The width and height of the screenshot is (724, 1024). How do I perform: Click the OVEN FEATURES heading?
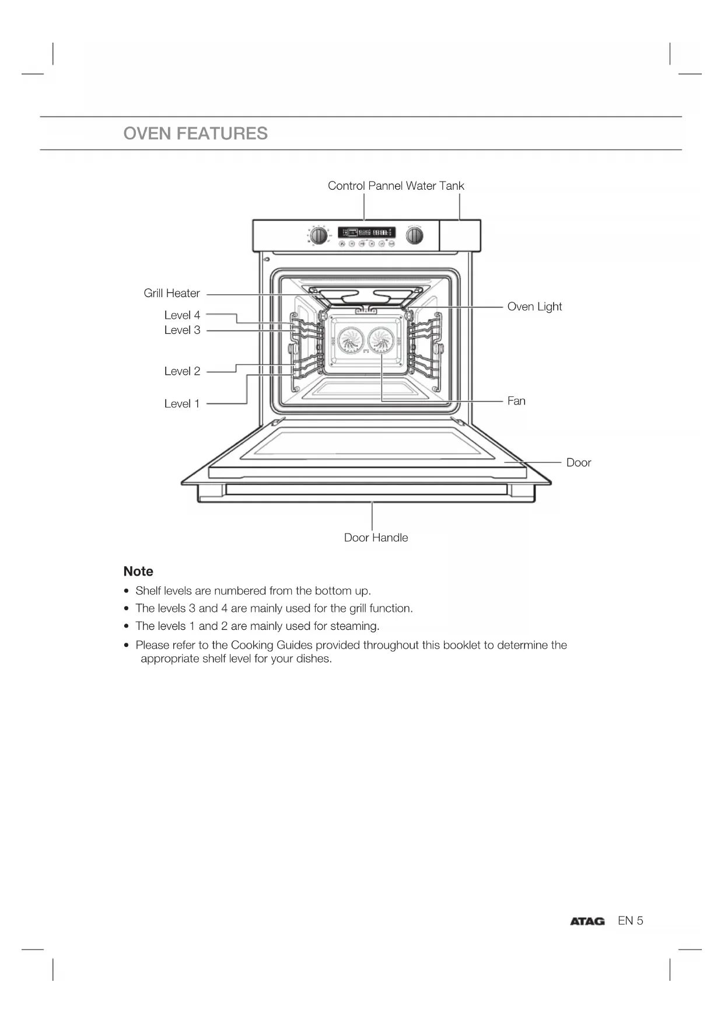pos(195,134)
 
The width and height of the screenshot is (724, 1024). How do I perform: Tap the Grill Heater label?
pos(172,293)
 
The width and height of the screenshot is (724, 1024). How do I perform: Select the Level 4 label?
pos(182,315)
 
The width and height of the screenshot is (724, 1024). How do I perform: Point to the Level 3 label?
pos(182,330)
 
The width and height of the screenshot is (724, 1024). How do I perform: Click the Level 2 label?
pos(182,371)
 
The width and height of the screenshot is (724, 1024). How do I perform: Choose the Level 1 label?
pos(182,403)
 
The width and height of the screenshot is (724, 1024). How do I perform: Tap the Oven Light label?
pos(534,306)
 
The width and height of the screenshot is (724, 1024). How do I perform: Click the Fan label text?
pos(516,401)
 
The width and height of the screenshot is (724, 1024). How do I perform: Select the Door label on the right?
pos(578,462)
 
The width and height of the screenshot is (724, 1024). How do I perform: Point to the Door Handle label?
pos(376,538)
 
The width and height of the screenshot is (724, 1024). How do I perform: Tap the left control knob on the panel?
pos(319,235)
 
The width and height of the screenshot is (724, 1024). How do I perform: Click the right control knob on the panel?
pos(414,235)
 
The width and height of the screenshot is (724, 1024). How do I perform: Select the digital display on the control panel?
pos(366,232)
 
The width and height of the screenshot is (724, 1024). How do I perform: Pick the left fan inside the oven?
pos(351,340)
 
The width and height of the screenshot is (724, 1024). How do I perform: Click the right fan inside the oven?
pos(382,340)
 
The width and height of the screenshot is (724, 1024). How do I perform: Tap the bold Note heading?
pos(138,572)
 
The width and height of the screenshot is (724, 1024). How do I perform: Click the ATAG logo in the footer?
pos(587,921)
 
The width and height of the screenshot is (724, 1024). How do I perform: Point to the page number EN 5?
pos(630,921)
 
